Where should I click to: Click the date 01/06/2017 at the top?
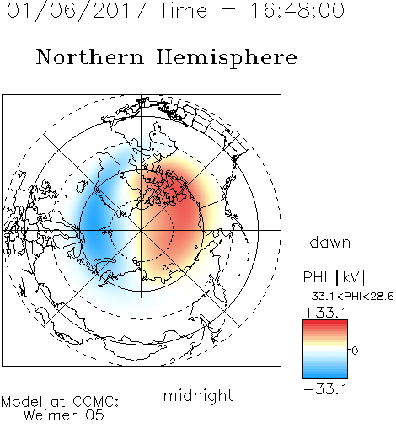[77, 11]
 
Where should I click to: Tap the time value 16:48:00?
[297, 10]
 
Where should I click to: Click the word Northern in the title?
[90, 57]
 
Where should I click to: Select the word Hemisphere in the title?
[227, 57]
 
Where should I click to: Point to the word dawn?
[330, 242]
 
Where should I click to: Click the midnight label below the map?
[198, 396]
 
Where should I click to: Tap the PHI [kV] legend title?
[334, 277]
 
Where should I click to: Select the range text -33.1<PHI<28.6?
[349, 297]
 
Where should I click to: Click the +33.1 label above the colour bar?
[325, 313]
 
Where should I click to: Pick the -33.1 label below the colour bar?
[325, 389]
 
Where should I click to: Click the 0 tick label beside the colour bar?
[355, 350]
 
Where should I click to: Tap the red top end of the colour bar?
[325, 323]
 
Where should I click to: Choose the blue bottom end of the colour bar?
[325, 376]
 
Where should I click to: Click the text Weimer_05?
[64, 415]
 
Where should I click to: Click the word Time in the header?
[183, 10]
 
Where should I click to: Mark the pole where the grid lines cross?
[142, 230]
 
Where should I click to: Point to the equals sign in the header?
[228, 12]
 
